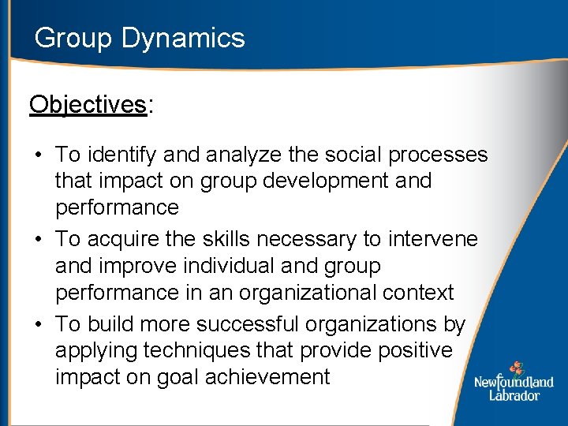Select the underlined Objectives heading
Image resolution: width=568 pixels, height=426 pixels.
click(x=88, y=105)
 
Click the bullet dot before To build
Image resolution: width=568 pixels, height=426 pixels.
click(x=38, y=324)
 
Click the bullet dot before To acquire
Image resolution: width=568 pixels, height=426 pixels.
click(x=38, y=239)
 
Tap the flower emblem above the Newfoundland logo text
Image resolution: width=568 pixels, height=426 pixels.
click(x=516, y=368)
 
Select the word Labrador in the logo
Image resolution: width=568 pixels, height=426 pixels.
click(x=514, y=395)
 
